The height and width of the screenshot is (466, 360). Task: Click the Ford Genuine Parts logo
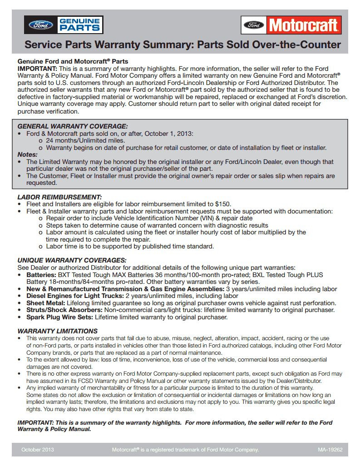pos(64,25)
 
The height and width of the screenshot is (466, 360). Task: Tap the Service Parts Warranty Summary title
pos(182,45)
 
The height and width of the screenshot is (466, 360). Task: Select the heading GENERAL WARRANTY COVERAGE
pos(72,126)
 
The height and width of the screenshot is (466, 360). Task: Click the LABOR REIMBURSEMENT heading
pos(59,197)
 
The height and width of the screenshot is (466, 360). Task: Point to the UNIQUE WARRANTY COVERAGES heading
pos(72,260)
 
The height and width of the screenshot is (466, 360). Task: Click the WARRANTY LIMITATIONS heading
pos(57,331)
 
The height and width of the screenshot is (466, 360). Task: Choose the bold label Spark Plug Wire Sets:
pos(59,317)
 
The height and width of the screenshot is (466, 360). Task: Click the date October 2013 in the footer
pos(37,450)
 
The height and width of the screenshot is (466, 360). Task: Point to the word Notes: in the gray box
pos(27,154)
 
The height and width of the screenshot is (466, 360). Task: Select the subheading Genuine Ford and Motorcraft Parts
pos(73,61)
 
